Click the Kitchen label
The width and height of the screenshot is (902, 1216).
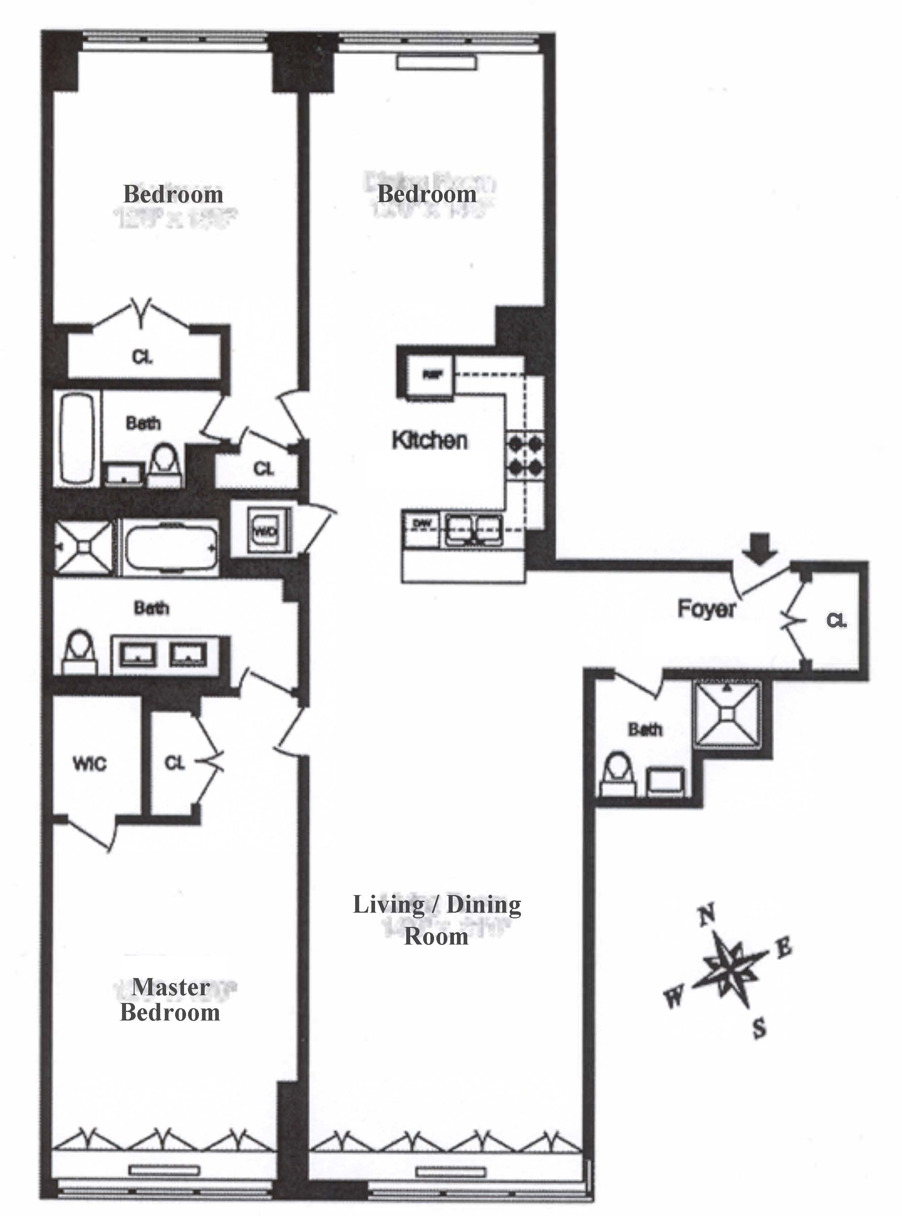pyautogui.click(x=430, y=440)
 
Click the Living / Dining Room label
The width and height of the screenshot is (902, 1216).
pyautogui.click(x=437, y=921)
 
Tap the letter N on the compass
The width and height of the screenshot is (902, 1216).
pyautogui.click(x=707, y=913)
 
